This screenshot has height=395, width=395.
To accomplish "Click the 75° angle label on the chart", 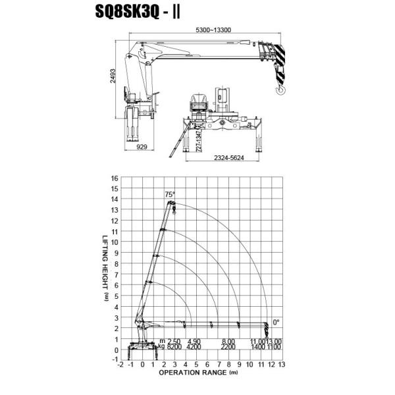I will pyautogui.click(x=170, y=194).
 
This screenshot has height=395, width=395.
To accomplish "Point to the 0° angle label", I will pyautogui.click(x=276, y=322).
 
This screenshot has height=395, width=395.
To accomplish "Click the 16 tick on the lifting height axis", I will pyautogui.click(x=115, y=178).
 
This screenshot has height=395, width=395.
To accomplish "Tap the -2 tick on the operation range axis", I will pyautogui.click(x=120, y=364).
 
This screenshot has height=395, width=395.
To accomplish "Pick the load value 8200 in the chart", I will pyautogui.click(x=174, y=346).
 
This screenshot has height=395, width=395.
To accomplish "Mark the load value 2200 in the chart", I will pyautogui.click(x=228, y=346).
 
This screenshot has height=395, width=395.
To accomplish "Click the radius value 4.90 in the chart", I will pyautogui.click(x=193, y=340).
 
